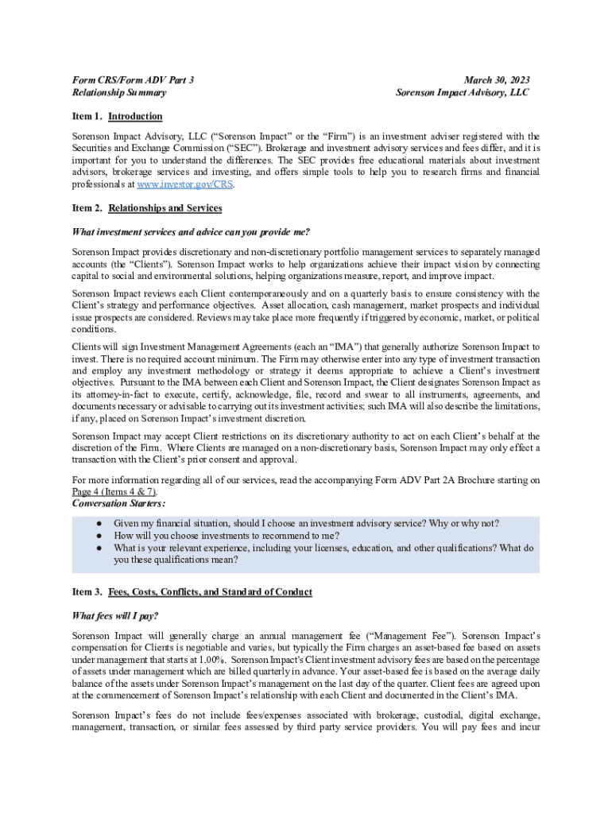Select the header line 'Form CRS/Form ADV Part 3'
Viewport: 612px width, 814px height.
[133, 80]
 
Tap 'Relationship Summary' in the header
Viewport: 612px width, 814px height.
[119, 92]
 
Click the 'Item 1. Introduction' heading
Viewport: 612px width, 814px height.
[117, 117]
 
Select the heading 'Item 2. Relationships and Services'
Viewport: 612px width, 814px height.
[147, 208]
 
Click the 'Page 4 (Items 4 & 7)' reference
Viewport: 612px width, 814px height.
[119, 491]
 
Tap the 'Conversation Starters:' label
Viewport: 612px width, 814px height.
[119, 503]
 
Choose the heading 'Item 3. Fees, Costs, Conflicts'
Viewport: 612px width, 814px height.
[192, 592]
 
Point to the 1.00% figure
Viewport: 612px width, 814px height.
[210, 660]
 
